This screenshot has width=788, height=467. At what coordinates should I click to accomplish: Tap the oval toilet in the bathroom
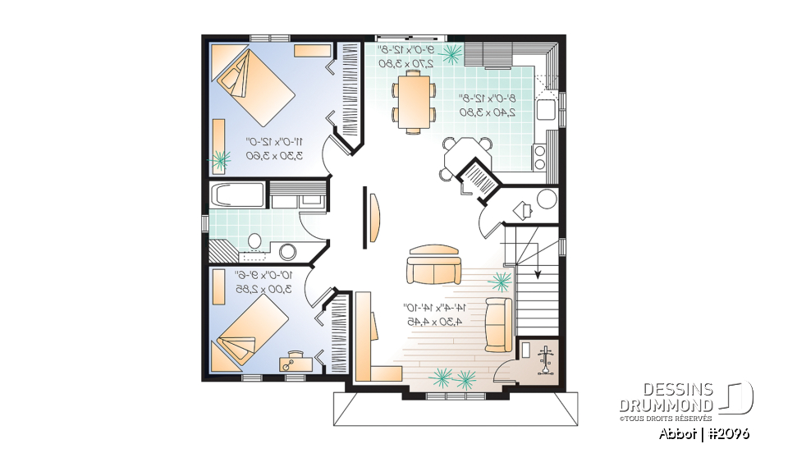click(254, 240)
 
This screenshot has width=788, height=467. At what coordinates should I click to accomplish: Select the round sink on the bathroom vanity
click(288, 252)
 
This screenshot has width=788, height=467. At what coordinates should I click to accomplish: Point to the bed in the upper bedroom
click(254, 82)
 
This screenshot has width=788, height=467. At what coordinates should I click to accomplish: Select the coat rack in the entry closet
click(543, 359)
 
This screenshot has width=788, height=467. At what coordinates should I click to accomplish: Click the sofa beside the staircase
click(498, 324)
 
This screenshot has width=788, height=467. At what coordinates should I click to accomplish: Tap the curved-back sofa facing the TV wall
click(434, 263)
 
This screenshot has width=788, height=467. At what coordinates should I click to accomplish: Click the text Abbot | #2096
click(703, 433)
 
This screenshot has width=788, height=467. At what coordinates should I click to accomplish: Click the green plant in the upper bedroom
click(220, 160)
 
